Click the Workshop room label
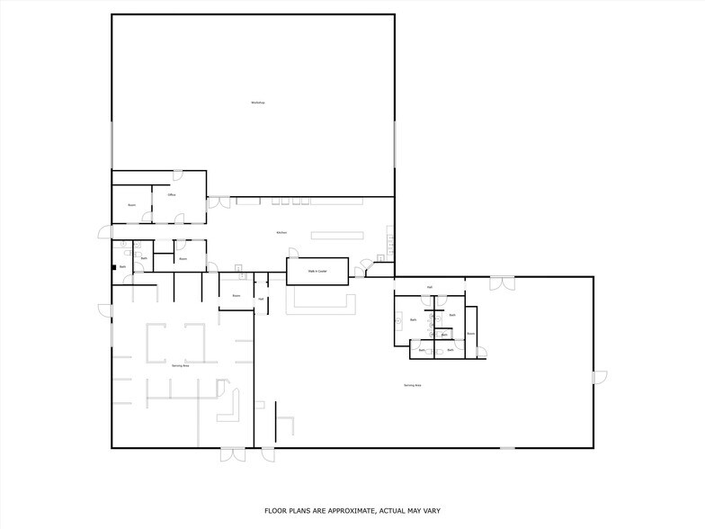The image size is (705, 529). [x=258, y=103]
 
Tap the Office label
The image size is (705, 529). [x=171, y=194]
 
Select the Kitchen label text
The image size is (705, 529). [x=281, y=233]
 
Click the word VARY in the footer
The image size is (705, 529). [x=432, y=510]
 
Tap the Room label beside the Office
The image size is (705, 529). [x=131, y=205]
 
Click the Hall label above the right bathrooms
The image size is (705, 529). [x=430, y=288]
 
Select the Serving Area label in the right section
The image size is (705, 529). [x=413, y=385]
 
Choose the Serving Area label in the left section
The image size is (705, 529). [x=181, y=365]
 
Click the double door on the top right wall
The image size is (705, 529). [x=502, y=282]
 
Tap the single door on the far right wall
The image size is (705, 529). [x=600, y=376]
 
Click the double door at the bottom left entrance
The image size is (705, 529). [x=232, y=454]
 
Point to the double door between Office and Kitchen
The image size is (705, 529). [x=219, y=202]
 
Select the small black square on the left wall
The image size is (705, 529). [x=113, y=266]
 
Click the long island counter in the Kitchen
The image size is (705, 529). [x=337, y=236]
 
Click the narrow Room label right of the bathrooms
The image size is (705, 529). [x=470, y=333]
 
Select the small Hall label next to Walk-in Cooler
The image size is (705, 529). [x=261, y=299]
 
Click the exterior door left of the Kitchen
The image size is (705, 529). [x=103, y=233]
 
